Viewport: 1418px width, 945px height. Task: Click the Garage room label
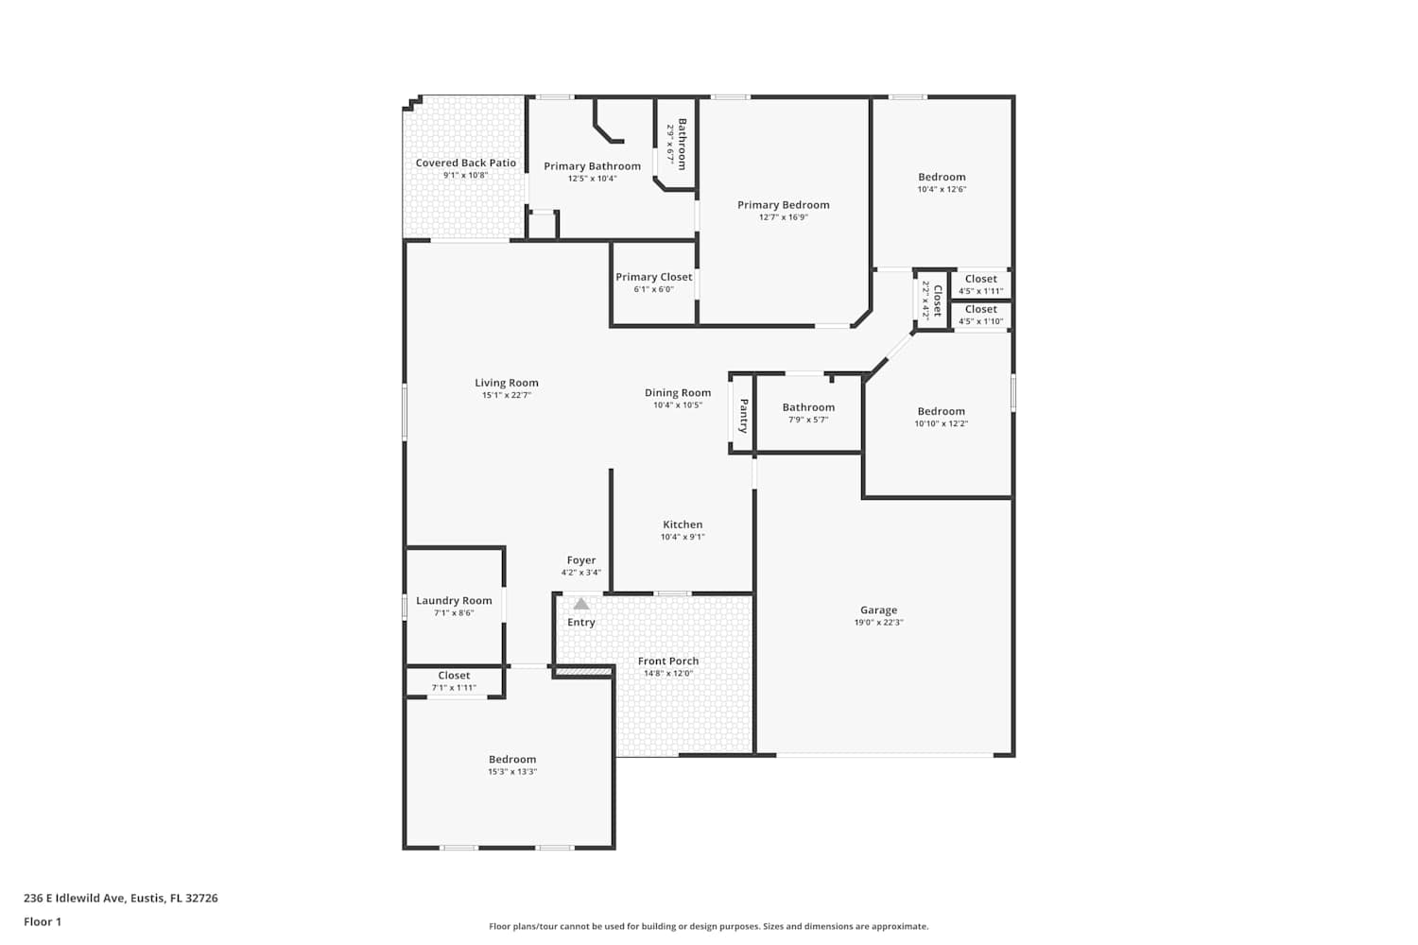[878, 610]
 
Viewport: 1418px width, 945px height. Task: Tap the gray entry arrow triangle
[581, 604]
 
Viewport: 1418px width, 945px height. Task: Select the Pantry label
[744, 415]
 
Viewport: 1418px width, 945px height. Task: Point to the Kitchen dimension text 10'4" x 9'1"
[683, 537]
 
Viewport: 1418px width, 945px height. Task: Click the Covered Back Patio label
[465, 163]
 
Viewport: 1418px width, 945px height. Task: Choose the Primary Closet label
[654, 277]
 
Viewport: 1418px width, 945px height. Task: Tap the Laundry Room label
[454, 601]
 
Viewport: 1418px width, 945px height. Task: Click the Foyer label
[581, 560]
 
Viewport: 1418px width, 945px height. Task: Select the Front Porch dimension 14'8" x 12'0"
[668, 673]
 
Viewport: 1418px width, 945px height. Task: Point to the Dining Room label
[678, 392]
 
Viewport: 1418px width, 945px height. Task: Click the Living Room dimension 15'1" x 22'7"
[507, 395]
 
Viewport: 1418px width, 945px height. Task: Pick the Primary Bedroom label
[783, 205]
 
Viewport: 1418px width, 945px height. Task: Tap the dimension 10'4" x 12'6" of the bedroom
[942, 189]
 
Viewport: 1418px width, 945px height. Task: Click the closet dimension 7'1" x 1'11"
[454, 687]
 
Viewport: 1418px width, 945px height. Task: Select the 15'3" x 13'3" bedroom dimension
[512, 771]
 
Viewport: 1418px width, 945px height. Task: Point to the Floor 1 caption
[43, 921]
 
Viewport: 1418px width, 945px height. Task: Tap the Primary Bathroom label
[592, 166]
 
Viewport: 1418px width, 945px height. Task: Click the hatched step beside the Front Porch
[582, 671]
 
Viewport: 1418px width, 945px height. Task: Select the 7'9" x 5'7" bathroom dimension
[808, 420]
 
